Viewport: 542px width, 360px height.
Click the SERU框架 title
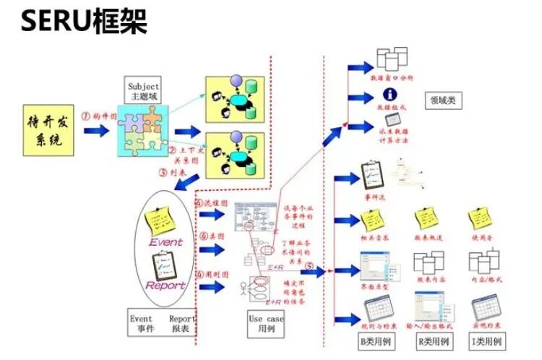84,22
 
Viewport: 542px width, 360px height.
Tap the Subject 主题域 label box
142,91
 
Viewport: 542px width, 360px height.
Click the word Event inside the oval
165,242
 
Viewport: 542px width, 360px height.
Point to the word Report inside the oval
165,285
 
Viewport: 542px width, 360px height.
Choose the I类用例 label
486,340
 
